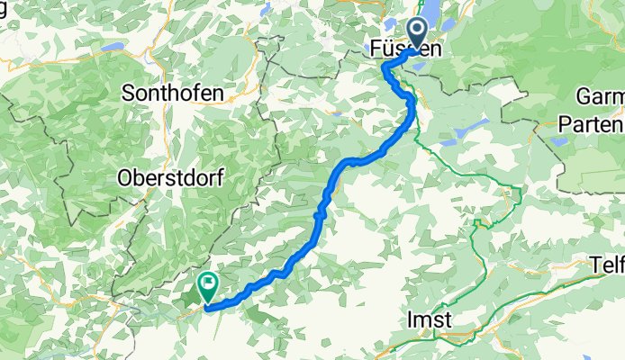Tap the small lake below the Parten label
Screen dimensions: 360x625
click(x=559, y=140)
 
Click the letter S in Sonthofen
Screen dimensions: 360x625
click(x=127, y=92)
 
